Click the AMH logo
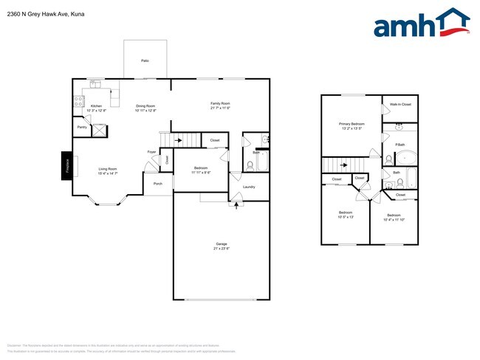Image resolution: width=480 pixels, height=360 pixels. point(421,23)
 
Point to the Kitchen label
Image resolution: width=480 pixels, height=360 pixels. point(96,106)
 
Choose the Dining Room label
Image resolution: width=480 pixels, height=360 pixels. point(145,106)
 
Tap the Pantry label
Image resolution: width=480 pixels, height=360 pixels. point(81,128)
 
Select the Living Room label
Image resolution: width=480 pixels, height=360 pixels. point(108,169)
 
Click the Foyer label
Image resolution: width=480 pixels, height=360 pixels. point(151,152)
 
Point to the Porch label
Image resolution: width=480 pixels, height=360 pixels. point(157,184)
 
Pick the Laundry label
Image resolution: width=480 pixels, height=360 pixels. point(249,187)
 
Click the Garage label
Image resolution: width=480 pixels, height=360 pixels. point(221,243)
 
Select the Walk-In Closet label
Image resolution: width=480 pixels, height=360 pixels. point(401,105)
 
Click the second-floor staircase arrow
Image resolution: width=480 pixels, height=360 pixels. point(343,165)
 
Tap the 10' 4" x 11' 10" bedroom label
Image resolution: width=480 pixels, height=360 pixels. point(398,216)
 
